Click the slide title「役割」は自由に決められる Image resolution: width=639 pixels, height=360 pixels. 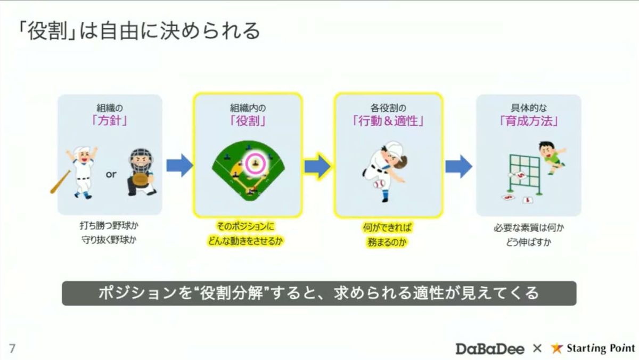[137, 31]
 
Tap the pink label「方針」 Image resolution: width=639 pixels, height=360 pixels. [110, 121]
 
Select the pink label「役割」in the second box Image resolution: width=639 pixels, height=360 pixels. [248, 121]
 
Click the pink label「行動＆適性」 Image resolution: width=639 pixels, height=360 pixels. [388, 121]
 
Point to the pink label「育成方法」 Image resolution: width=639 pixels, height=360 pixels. [528, 121]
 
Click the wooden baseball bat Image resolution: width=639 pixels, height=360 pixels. [60, 182]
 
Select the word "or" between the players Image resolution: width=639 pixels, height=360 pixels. [110, 174]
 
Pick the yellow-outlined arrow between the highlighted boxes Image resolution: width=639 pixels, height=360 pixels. [318, 166]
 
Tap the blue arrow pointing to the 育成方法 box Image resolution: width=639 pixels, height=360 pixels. [458, 166]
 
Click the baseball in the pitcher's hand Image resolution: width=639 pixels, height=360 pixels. [379, 184]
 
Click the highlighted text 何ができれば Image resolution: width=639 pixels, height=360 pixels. [388, 227]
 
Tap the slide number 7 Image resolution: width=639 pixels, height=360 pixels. [12, 349]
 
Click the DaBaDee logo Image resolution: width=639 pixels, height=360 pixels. [490, 349]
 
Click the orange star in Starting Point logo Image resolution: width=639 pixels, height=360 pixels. [557, 348]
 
